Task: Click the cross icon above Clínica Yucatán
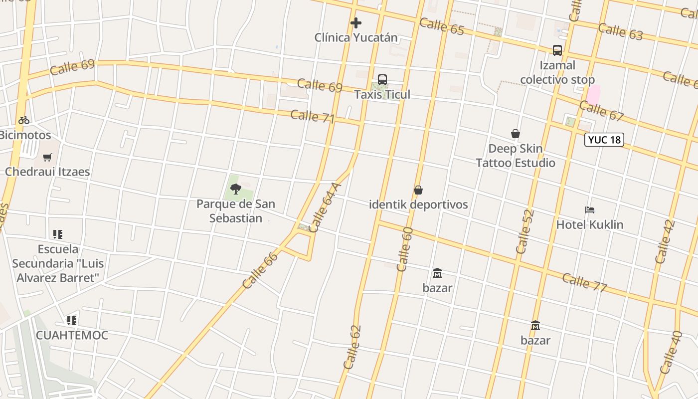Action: tap(355, 22)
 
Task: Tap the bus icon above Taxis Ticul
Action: tap(382, 80)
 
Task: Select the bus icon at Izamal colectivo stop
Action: tap(557, 50)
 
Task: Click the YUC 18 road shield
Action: tap(604, 140)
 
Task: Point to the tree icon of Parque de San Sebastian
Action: tap(236, 189)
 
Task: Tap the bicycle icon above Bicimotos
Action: tap(24, 120)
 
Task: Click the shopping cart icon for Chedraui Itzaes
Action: tap(47, 157)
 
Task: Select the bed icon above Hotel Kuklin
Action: tap(590, 210)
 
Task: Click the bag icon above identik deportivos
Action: tap(418, 190)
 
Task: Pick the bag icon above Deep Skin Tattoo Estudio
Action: tap(516, 134)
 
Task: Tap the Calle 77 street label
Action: tap(584, 282)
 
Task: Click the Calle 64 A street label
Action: tap(325, 207)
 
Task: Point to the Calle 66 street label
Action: tap(260, 270)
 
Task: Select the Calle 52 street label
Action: tap(525, 231)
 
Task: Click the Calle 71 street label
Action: tap(312, 116)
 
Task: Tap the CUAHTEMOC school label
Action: tap(72, 335)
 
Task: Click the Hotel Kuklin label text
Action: tap(590, 224)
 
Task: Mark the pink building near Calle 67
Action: tap(593, 95)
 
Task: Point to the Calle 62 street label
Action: tap(352, 347)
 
